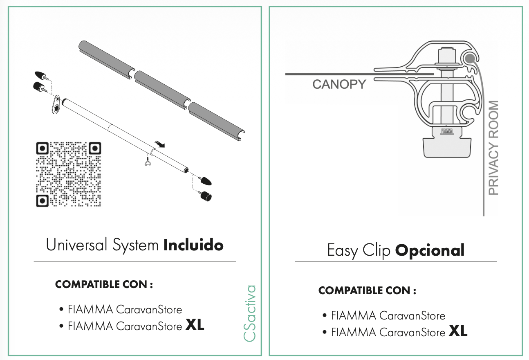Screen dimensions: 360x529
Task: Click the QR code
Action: click(69, 174)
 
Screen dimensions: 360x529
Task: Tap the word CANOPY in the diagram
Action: click(339, 85)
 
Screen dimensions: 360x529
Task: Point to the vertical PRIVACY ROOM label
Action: click(494, 148)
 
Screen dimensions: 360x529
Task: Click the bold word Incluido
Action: click(193, 245)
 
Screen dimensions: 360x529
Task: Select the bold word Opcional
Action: click(430, 250)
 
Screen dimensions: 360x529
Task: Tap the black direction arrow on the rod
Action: click(159, 143)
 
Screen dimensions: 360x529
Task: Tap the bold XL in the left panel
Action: click(195, 326)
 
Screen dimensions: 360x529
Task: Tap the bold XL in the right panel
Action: click(458, 331)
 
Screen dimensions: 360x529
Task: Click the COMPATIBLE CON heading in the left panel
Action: click(104, 284)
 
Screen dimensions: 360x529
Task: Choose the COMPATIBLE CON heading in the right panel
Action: click(367, 290)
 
